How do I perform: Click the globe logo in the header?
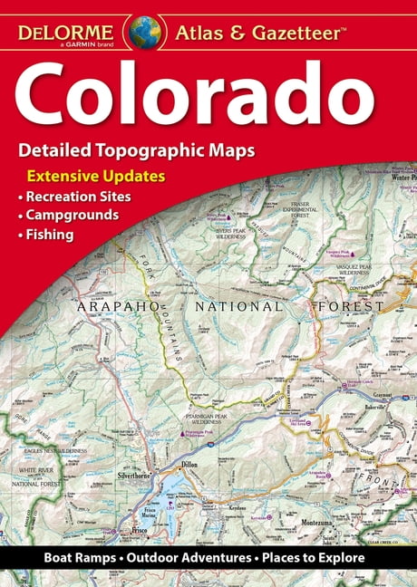144,31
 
